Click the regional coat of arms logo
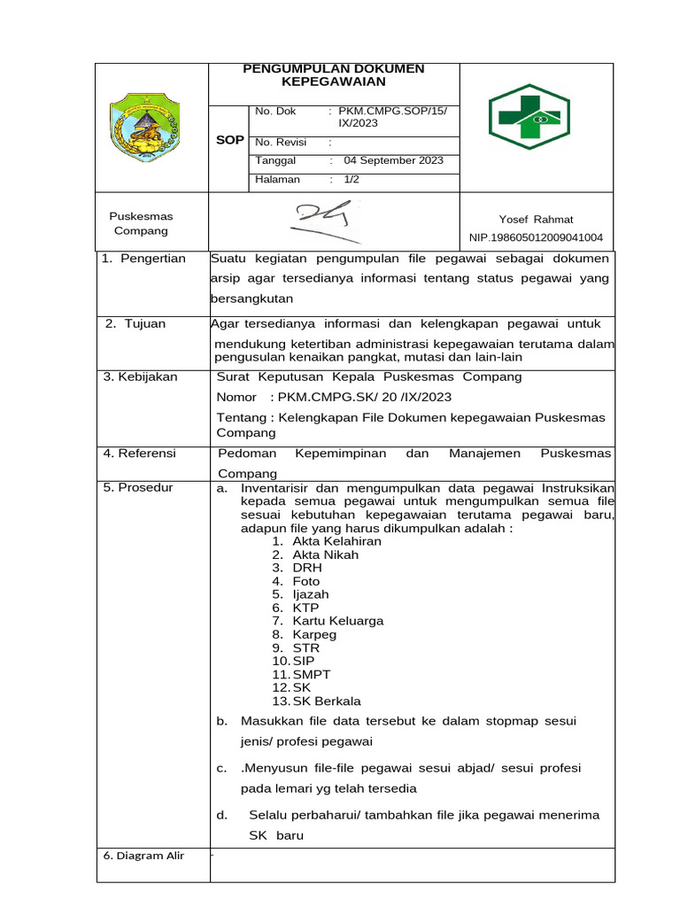(x=143, y=129)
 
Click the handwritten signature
(x=324, y=221)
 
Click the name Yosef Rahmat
(x=536, y=220)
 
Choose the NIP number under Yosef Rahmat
(x=536, y=237)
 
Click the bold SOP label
(x=229, y=141)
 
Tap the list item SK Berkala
(x=327, y=701)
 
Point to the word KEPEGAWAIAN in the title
(x=334, y=81)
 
